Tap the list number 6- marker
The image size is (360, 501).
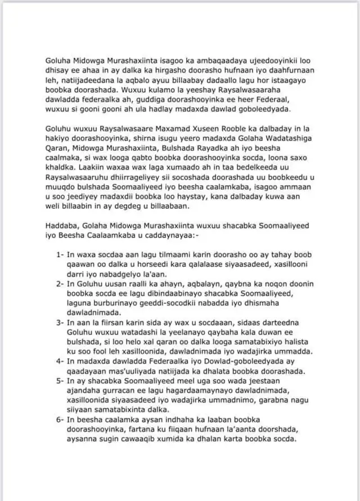coord(61,420)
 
